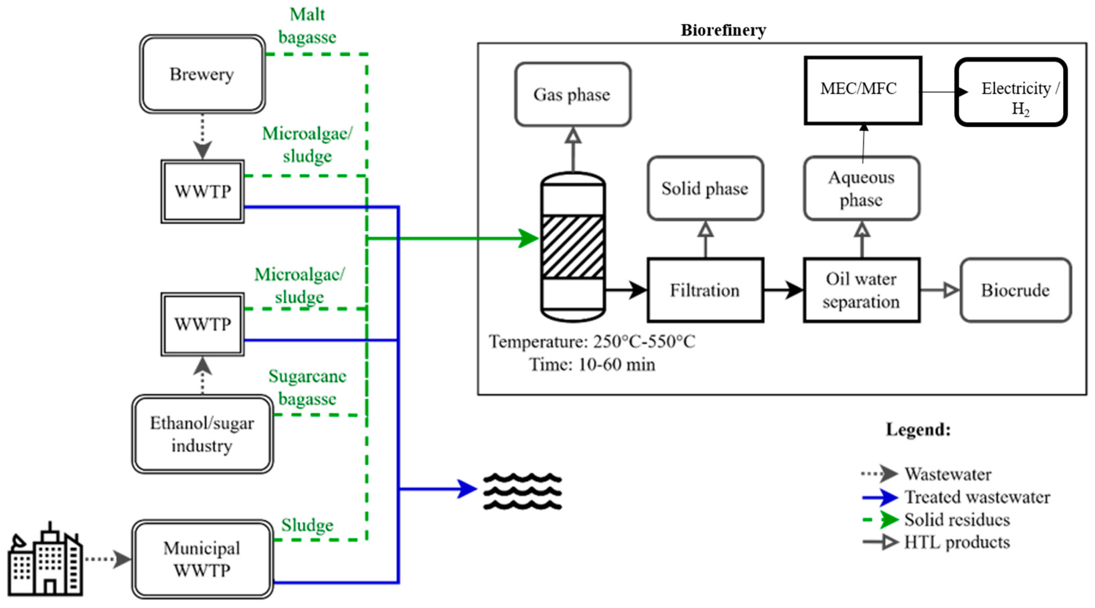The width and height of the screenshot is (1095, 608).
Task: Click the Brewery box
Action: click(x=202, y=74)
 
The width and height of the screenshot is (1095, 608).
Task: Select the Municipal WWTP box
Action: click(x=202, y=559)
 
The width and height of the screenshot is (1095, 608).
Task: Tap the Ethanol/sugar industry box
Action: click(x=202, y=434)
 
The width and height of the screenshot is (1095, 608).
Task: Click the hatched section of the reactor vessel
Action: click(x=573, y=247)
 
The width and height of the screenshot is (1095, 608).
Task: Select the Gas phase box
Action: click(x=572, y=94)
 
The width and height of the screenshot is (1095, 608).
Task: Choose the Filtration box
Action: click(x=705, y=290)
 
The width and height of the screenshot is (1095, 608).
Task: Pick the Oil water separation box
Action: click(x=861, y=290)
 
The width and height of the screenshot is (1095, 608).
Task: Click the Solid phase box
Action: click(x=705, y=189)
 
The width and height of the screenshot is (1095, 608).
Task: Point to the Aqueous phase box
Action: click(x=861, y=189)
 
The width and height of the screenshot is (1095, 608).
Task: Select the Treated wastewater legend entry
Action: click(x=977, y=497)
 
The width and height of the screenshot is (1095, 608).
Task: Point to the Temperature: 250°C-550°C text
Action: click(x=592, y=342)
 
